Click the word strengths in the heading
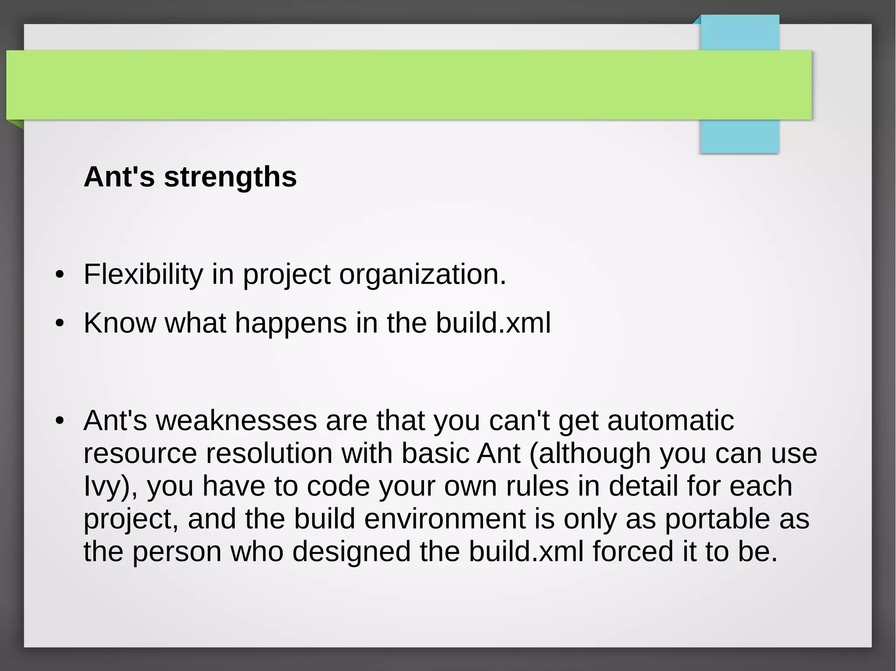pos(230,177)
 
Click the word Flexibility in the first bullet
pos(143,275)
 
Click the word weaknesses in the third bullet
pos(236,421)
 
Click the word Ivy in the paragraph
pos(101,486)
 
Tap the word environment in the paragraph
pos(444,519)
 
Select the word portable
pos(717,519)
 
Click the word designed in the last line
pos(351,551)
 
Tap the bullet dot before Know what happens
pos(60,324)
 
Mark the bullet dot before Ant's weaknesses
pos(60,421)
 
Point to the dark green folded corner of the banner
pos(16,124)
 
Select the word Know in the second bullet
pos(119,323)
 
